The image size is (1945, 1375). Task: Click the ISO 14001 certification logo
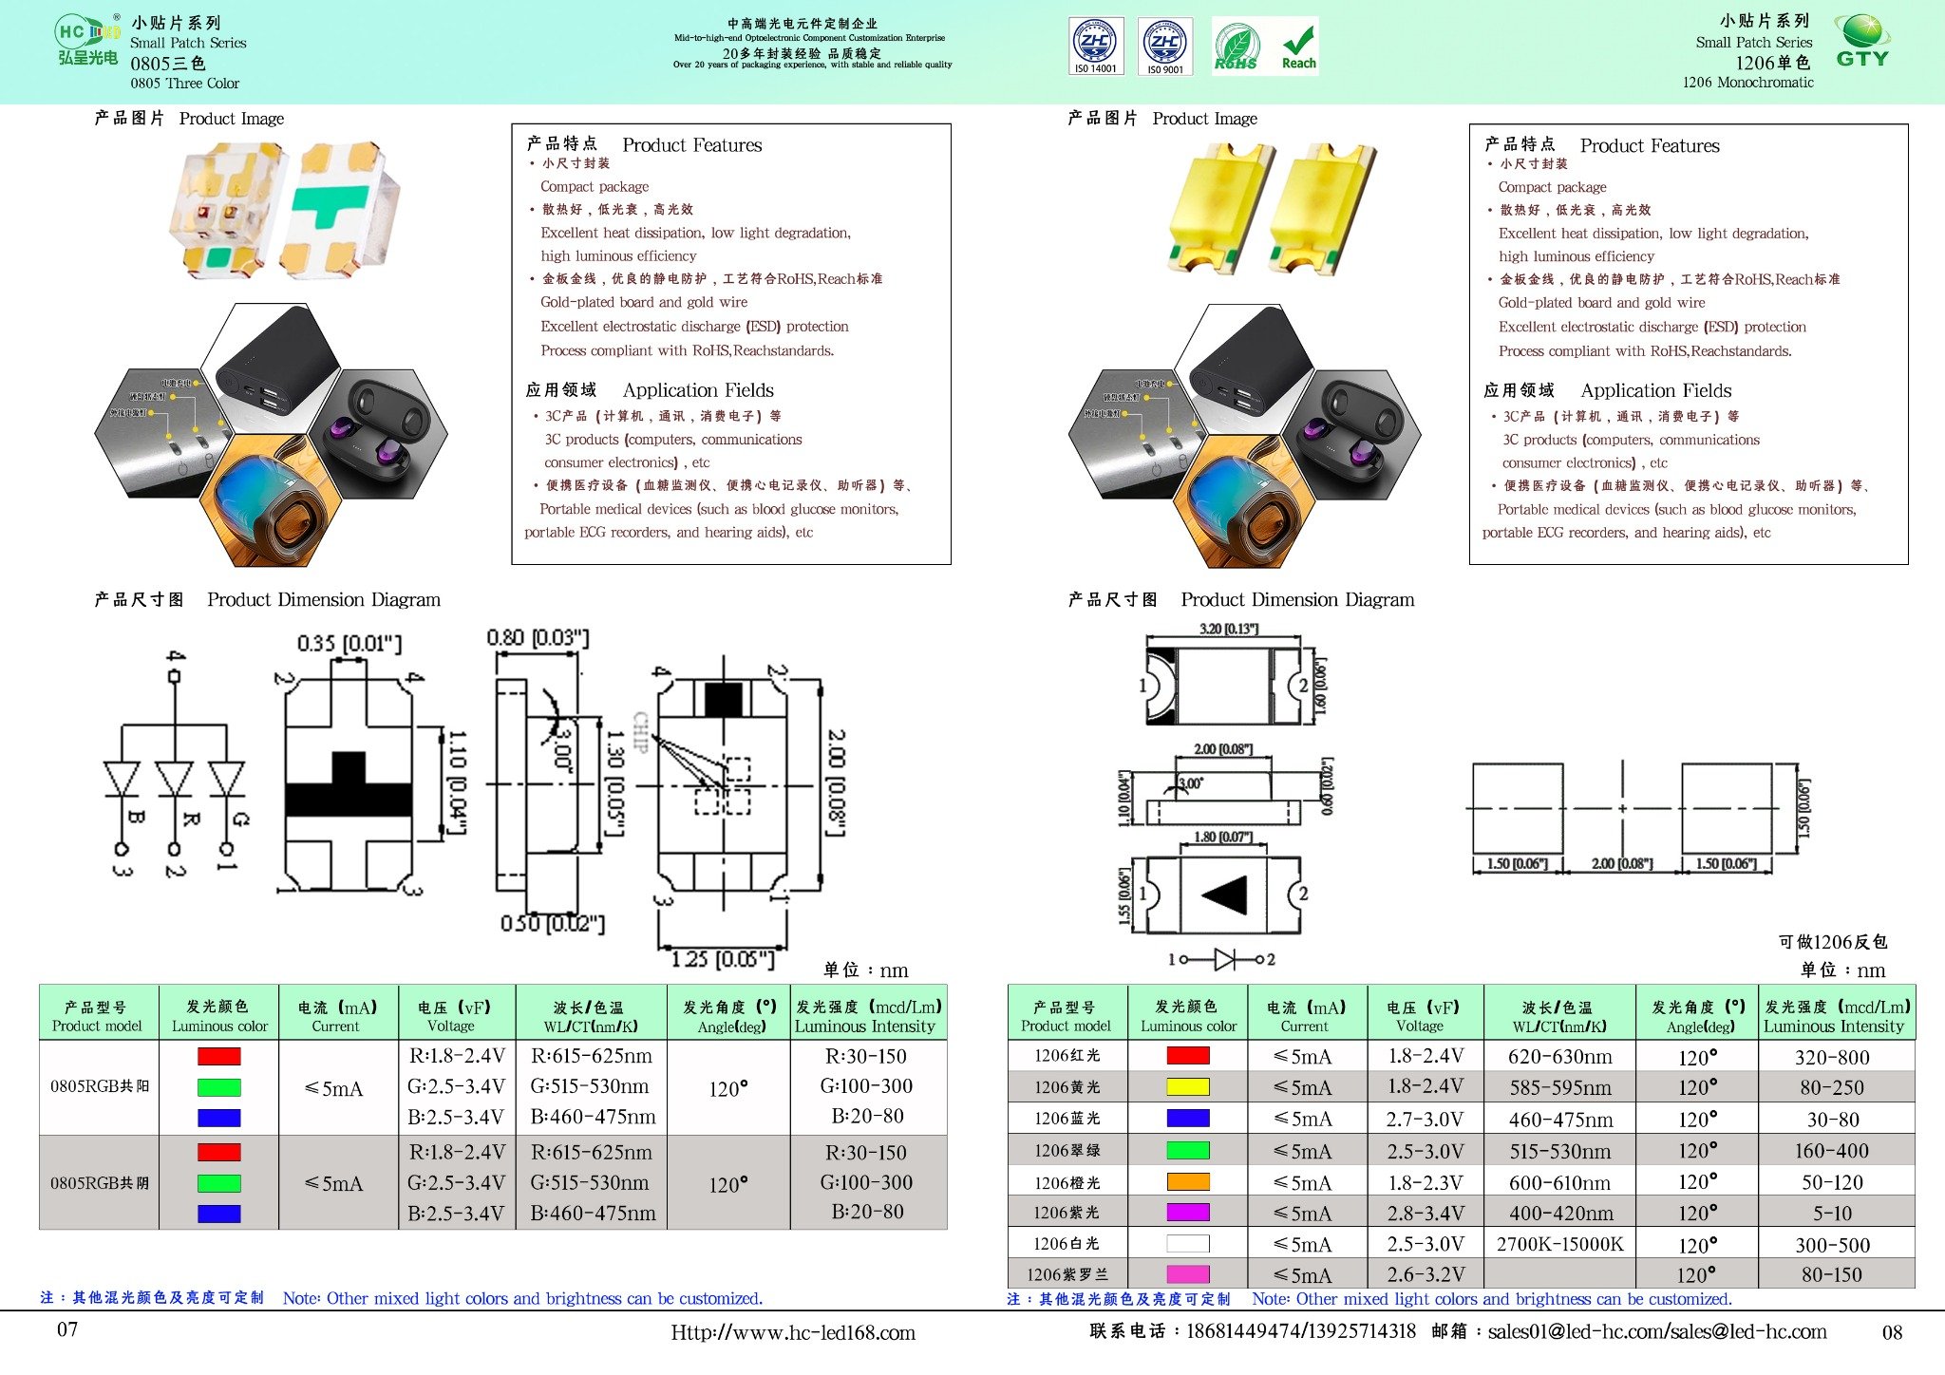[1096, 46]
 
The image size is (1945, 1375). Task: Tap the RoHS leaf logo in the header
[1236, 47]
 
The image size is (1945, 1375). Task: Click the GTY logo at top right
[1862, 42]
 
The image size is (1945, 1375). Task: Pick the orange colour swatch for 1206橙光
[1187, 1182]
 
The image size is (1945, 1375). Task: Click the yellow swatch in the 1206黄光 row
[1187, 1086]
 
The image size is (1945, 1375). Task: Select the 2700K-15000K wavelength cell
[1559, 1244]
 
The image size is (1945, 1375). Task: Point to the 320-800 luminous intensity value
[1832, 1057]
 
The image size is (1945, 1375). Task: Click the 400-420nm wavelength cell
[1559, 1213]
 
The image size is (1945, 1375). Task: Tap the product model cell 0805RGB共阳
[99, 1086]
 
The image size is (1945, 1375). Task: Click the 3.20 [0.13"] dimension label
[1229, 629]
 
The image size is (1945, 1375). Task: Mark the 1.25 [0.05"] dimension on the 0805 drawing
[723, 959]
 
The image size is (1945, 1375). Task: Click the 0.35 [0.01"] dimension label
[349, 644]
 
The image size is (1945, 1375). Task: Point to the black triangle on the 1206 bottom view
[1226, 895]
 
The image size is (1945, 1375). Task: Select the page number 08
[1892, 1332]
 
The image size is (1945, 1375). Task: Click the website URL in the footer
[793, 1332]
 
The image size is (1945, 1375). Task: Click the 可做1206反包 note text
[1832, 941]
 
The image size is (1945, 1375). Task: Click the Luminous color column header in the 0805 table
[219, 1015]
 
